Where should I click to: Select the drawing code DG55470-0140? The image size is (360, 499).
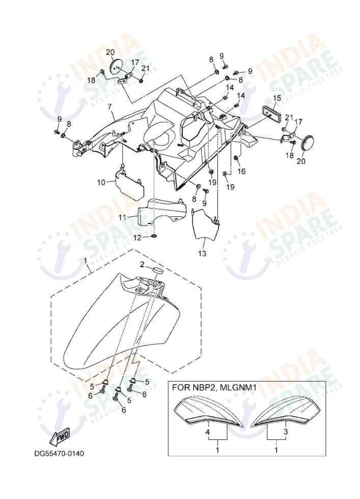point(59,453)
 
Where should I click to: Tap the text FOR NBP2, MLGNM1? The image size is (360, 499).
point(214,387)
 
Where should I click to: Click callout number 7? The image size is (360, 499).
point(108,107)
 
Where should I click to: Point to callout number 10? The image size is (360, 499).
point(101,181)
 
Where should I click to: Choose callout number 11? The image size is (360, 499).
point(122,217)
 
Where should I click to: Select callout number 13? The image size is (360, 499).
point(202,253)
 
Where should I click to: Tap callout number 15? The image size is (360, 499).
point(276,98)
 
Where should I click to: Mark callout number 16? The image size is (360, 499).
point(241,172)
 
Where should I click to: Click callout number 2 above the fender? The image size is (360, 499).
point(143,264)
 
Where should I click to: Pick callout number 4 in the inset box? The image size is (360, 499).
point(208,432)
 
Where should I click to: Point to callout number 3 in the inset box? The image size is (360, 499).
point(285,432)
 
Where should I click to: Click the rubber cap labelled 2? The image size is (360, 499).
point(157,268)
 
